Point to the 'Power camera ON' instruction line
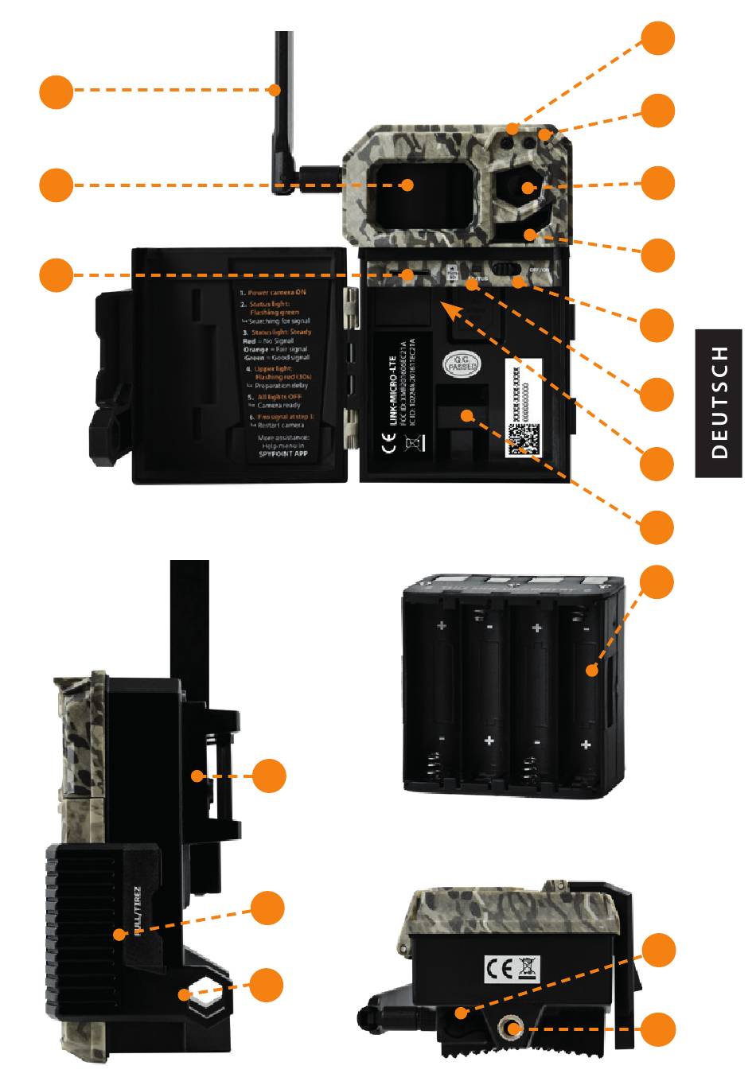point(275,292)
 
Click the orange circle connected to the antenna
point(56,91)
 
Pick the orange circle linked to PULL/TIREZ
point(267,908)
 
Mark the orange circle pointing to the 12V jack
point(657,1029)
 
